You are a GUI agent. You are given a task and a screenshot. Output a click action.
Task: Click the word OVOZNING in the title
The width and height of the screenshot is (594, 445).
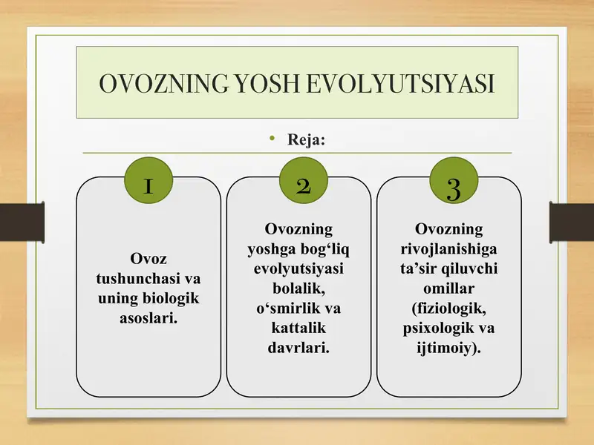pyautogui.click(x=163, y=83)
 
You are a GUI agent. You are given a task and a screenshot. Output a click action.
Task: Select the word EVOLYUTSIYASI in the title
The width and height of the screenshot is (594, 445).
pyautogui.click(x=401, y=83)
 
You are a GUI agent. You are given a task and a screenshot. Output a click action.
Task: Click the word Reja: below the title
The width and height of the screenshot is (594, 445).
pyautogui.click(x=306, y=139)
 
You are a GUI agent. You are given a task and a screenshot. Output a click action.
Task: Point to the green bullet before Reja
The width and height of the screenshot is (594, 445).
pyautogui.click(x=272, y=139)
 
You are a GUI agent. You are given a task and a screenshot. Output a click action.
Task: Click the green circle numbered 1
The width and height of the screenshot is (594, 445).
pyautogui.click(x=148, y=180)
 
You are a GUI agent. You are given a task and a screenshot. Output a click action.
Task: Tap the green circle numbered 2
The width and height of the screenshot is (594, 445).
pyautogui.click(x=303, y=180)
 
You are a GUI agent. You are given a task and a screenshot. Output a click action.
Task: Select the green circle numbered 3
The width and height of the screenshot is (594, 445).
pyautogui.click(x=454, y=180)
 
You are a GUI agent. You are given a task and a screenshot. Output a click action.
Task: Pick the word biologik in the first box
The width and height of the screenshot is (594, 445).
pyautogui.click(x=171, y=299)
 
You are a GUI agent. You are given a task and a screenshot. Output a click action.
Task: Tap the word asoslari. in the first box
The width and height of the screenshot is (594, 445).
pyautogui.click(x=148, y=318)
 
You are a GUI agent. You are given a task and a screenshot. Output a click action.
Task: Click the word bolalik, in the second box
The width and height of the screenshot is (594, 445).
pyautogui.click(x=298, y=289)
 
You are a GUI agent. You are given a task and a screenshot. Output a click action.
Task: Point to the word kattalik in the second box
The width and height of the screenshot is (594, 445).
pyautogui.click(x=298, y=328)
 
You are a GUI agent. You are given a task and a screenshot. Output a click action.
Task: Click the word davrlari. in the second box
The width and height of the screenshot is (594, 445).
pyautogui.click(x=298, y=348)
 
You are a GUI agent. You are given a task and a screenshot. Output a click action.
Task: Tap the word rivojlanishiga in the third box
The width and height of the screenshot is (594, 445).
pyautogui.click(x=449, y=249)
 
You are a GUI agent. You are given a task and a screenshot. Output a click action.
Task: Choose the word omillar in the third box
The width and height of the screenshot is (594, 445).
pyautogui.click(x=449, y=289)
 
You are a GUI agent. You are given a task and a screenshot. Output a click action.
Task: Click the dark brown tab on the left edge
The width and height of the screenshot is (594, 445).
pyautogui.click(x=22, y=222)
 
